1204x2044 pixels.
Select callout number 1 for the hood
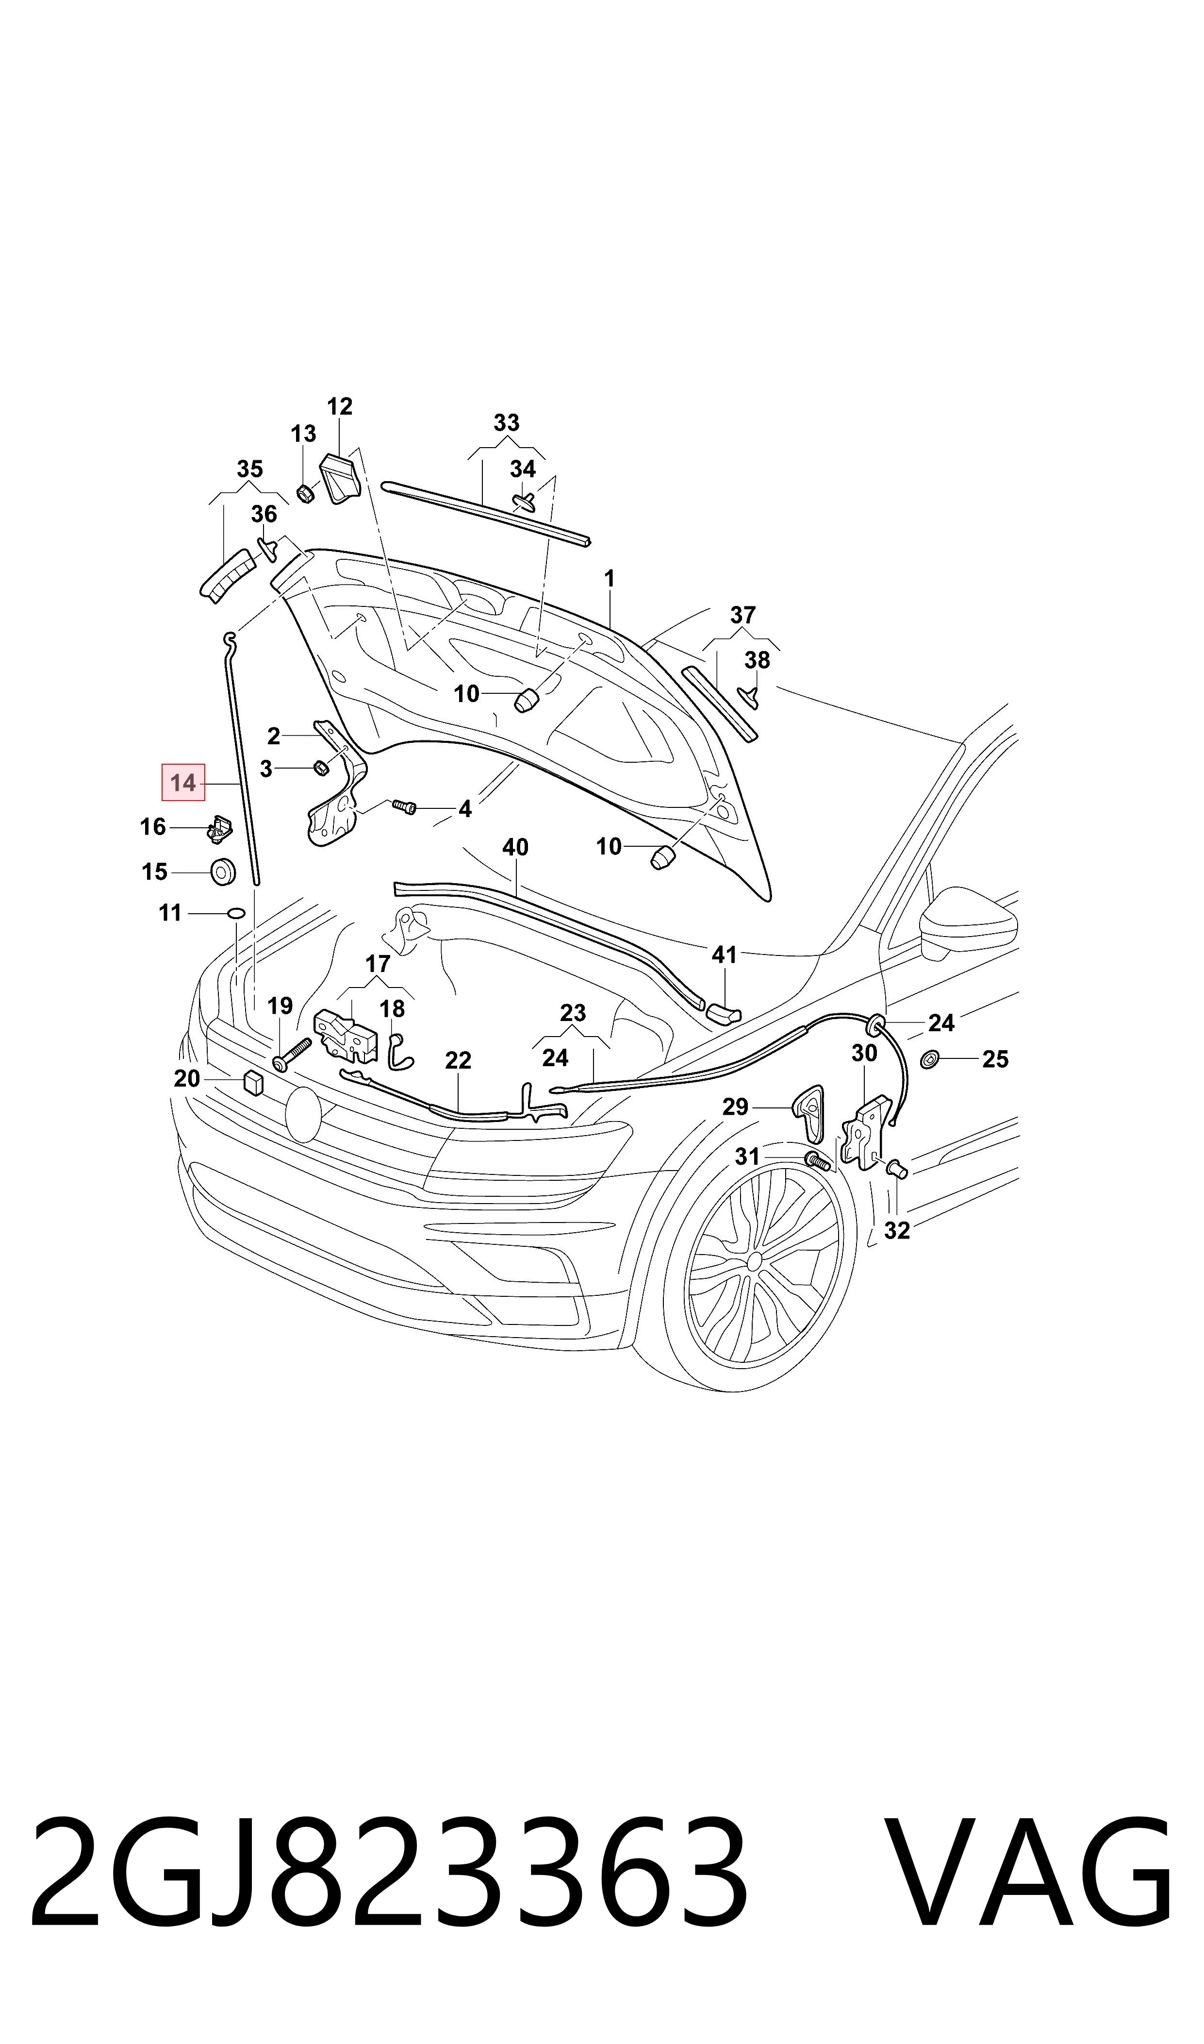(x=610, y=579)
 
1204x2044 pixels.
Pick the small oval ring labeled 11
(x=235, y=914)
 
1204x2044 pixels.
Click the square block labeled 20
(x=253, y=1083)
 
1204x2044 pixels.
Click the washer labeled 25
(x=930, y=1059)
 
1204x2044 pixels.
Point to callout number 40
(x=515, y=847)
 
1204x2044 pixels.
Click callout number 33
(x=506, y=423)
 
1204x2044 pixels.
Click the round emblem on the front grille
(x=303, y=1115)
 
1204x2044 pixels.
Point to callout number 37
(x=742, y=615)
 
